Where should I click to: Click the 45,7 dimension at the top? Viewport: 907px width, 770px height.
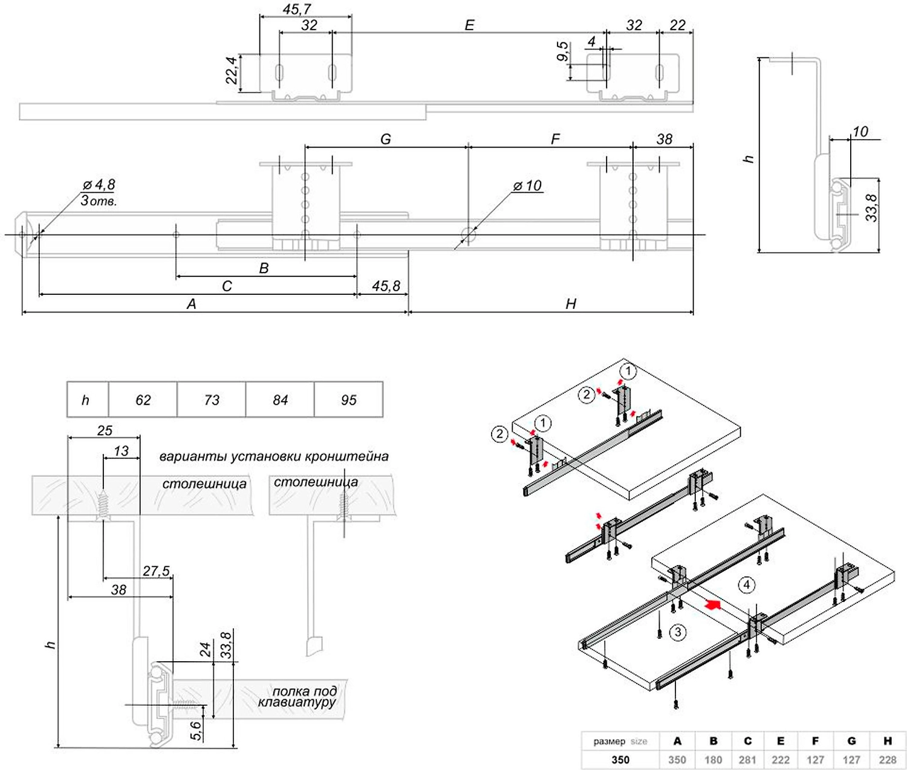click(297, 10)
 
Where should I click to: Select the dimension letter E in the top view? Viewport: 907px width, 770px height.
click(469, 25)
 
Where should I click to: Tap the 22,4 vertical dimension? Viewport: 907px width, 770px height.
click(231, 71)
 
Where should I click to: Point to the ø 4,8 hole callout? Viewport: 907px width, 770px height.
click(99, 184)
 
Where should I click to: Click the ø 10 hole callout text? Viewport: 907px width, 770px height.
click(528, 186)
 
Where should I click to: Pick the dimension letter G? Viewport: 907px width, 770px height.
click(386, 139)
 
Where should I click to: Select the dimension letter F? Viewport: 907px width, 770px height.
click(555, 140)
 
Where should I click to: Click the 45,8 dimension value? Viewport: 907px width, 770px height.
click(386, 285)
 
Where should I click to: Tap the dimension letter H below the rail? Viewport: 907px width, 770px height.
click(571, 303)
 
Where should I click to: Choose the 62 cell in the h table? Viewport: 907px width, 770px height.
click(143, 400)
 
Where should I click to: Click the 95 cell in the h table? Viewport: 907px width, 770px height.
click(349, 400)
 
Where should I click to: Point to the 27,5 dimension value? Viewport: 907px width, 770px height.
click(156, 571)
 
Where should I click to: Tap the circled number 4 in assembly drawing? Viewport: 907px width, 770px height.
click(747, 584)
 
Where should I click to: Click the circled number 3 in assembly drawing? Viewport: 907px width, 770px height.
click(678, 632)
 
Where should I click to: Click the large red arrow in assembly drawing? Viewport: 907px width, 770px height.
click(714, 604)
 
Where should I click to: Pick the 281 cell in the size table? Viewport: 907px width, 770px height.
click(747, 760)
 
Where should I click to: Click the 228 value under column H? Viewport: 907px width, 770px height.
click(888, 760)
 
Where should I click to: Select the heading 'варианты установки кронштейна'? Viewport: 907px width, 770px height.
click(274, 456)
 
